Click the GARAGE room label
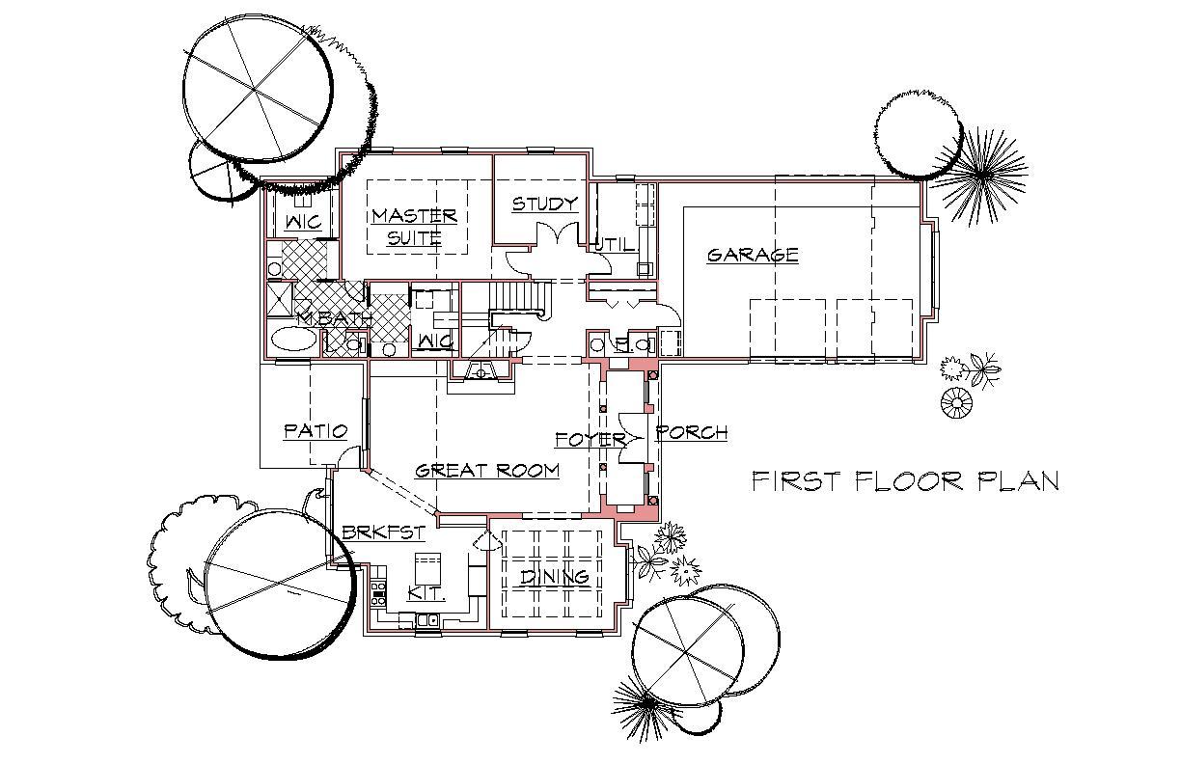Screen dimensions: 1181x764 (753, 255)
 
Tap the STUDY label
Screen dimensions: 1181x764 (544, 204)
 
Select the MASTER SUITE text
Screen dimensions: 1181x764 (414, 227)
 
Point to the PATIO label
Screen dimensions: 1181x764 (316, 431)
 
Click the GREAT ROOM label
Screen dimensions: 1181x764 (487, 470)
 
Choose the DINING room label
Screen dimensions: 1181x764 (555, 576)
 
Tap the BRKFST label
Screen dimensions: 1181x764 (383, 532)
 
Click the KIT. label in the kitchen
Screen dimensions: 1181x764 (427, 593)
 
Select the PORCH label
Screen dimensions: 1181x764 (691, 432)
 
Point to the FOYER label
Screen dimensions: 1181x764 (590, 439)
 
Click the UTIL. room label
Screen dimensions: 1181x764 (616, 244)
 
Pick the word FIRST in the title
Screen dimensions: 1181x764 (795, 480)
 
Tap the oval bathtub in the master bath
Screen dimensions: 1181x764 (293, 338)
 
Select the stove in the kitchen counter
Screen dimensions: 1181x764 (378, 593)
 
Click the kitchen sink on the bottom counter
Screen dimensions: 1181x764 (427, 620)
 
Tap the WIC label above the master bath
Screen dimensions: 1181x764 (303, 222)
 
